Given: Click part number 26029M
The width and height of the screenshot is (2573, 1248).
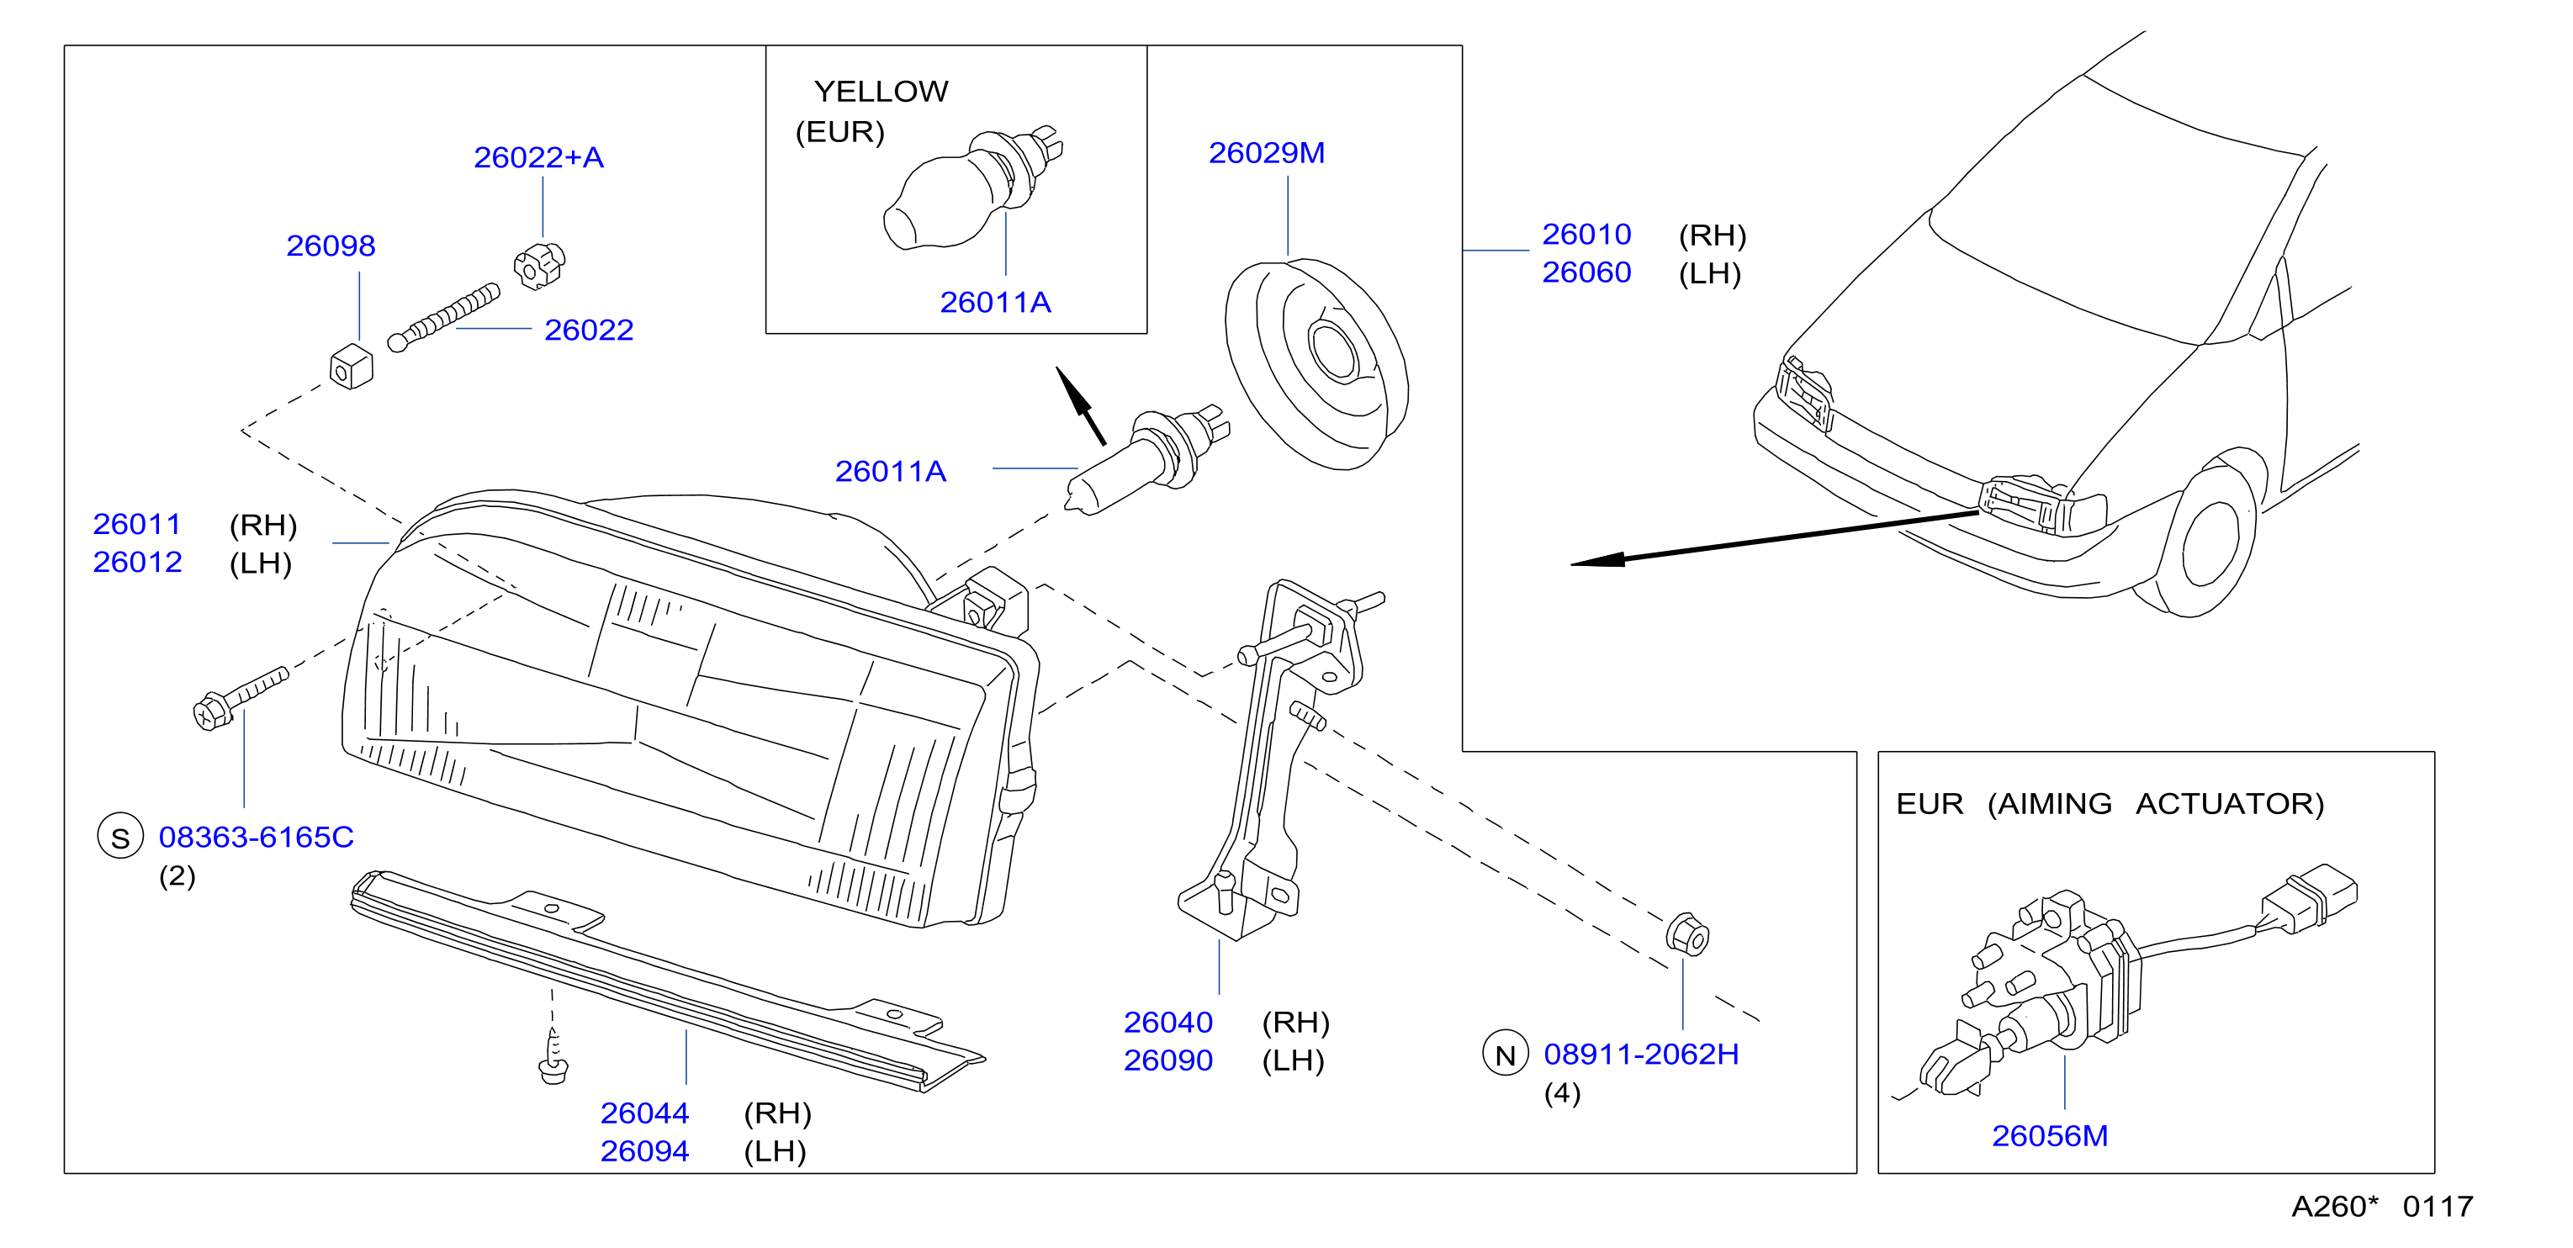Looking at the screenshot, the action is coord(1267,153).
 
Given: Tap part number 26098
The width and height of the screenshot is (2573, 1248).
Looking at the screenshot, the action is coord(331,246).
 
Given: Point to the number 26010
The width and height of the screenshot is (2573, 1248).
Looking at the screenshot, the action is coord(1586,234).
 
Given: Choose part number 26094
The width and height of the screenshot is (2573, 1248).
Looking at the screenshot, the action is coord(644,1151).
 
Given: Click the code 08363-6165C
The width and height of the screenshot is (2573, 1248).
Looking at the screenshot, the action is coord(256,837).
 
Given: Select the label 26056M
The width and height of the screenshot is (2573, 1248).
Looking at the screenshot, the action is coord(2050,1135).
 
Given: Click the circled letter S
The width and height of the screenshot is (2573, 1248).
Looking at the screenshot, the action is coord(119,837).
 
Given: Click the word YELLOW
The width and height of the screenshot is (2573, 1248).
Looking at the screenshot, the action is coord(881,92).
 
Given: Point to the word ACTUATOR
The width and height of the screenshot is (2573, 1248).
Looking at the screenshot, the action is coord(2229,804).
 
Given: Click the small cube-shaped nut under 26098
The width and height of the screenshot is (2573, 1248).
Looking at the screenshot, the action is coord(351,367).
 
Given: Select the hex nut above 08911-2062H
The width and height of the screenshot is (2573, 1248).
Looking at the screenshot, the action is coord(1687,934).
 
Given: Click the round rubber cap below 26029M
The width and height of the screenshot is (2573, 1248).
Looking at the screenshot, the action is coord(1316,363).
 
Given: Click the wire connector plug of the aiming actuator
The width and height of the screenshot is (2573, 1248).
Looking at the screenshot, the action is coord(2311,898).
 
